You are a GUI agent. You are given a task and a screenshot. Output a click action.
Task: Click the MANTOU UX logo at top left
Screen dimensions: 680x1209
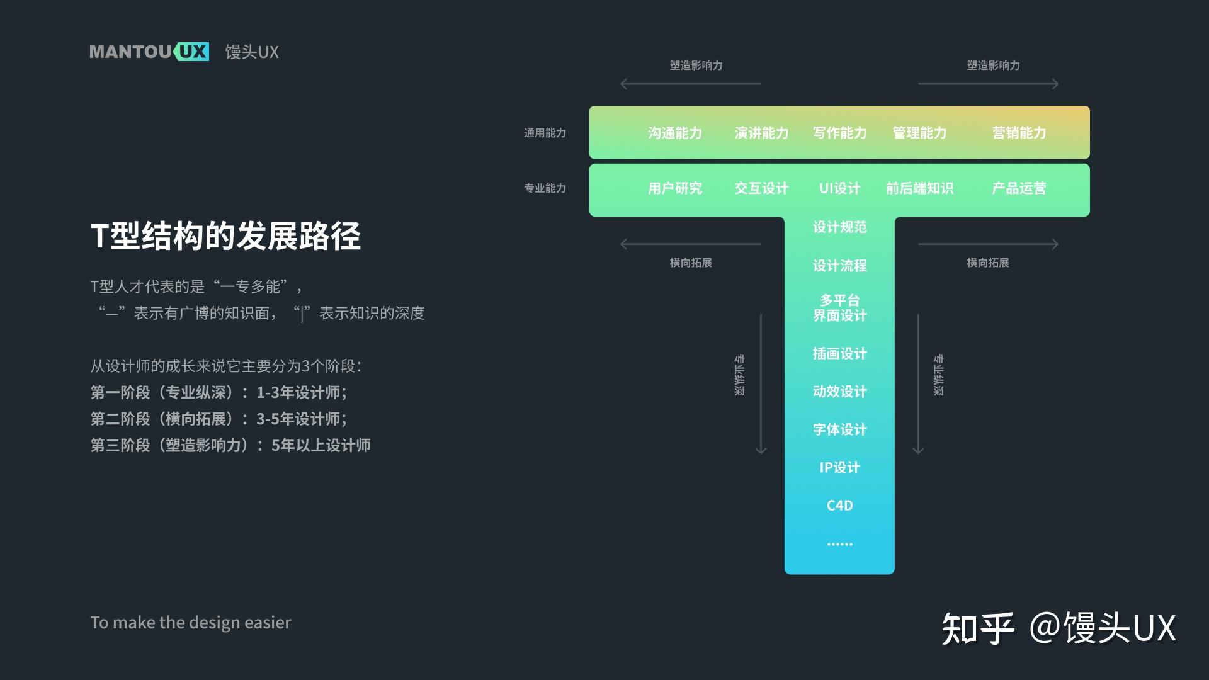[x=149, y=52]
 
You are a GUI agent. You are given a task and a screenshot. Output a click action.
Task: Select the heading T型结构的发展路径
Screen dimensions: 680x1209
[x=225, y=236]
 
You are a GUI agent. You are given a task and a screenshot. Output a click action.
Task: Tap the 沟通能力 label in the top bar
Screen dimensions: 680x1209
[x=674, y=133]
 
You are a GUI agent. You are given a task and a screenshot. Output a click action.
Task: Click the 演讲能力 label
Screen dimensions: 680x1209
[x=761, y=133]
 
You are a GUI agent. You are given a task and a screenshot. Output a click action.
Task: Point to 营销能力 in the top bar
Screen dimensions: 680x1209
[x=1018, y=133]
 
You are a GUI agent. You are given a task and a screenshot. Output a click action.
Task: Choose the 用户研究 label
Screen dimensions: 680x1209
[x=674, y=188]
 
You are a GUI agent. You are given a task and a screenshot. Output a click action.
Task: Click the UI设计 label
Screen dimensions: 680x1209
[x=839, y=188]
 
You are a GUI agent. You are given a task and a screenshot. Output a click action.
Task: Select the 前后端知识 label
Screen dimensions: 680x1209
[x=919, y=188]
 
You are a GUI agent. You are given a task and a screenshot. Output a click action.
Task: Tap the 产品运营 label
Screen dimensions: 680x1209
[x=1018, y=188]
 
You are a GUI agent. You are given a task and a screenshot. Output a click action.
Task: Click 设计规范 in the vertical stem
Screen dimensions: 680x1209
[x=839, y=227]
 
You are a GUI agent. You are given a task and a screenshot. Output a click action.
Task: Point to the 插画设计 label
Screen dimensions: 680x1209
[x=839, y=354]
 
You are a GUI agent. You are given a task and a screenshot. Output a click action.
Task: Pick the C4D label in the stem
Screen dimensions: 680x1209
[x=839, y=506]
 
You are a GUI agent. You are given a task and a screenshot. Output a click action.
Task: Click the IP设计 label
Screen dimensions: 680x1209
[x=839, y=467]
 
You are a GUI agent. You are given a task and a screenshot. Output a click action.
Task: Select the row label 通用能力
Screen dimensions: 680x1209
[x=545, y=133]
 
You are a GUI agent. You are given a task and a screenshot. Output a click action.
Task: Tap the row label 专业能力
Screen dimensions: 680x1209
[x=545, y=188]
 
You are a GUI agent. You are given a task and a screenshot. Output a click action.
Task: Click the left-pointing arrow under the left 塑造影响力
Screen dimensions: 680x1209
[x=690, y=84]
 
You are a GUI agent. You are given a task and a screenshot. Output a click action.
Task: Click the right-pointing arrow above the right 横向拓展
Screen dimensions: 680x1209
[x=988, y=244]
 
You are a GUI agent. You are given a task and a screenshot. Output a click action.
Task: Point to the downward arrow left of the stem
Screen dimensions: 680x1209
[x=761, y=384]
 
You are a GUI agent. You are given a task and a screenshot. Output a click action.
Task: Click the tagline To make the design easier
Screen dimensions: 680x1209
[x=190, y=622]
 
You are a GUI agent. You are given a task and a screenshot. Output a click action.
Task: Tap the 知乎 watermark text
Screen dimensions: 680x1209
[x=977, y=628]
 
